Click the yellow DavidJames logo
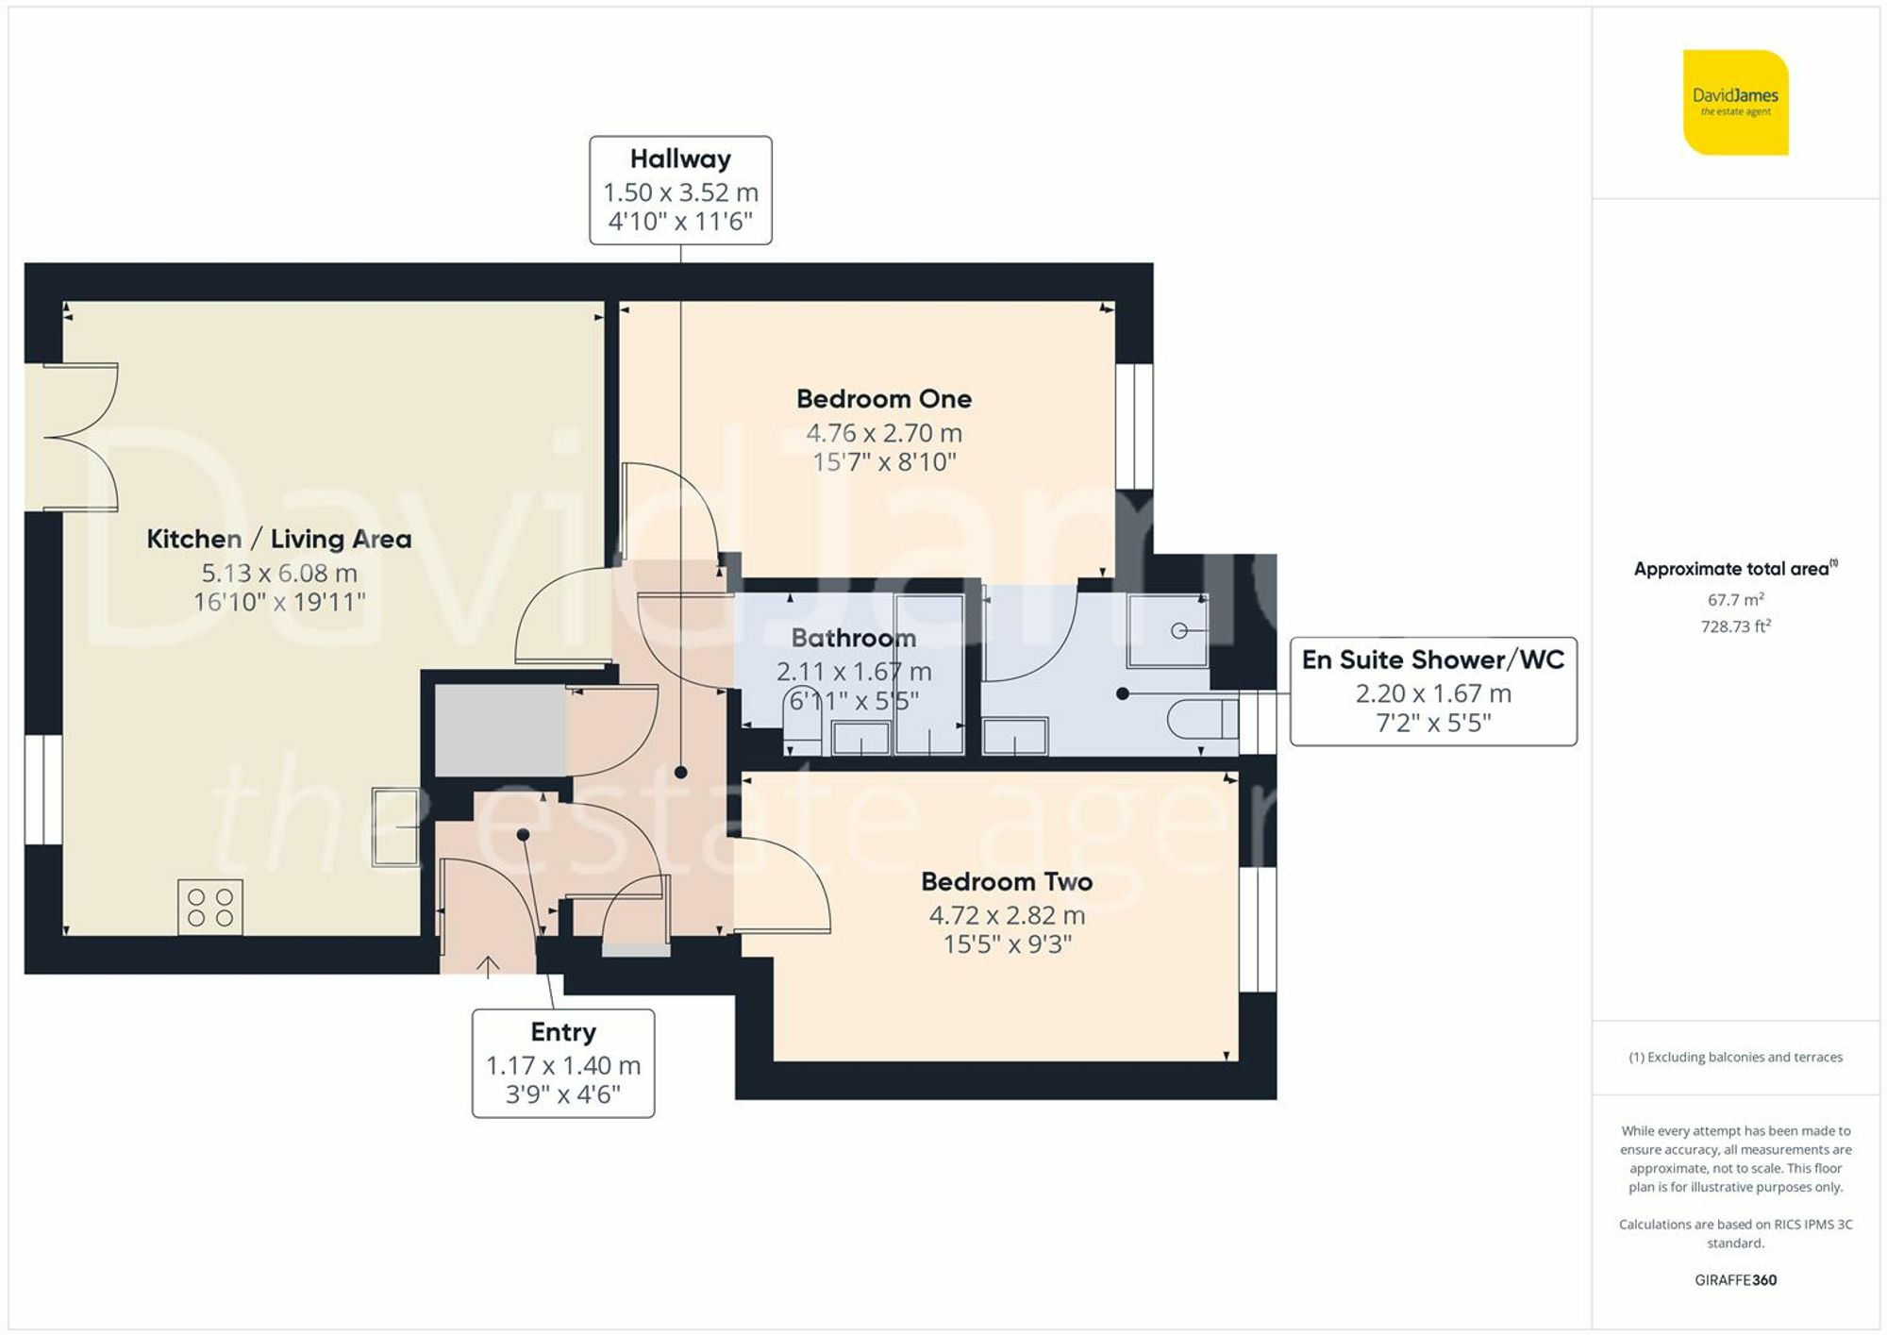pos(1735,102)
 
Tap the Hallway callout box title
pos(680,159)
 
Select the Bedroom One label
pos(883,399)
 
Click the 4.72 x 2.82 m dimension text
pos(1007,915)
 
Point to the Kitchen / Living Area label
pos(278,539)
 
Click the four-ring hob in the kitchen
pos(210,908)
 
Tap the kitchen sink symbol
pos(395,826)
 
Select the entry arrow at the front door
pos(488,966)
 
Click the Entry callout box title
pos(563,1032)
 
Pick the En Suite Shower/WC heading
pos(1432,659)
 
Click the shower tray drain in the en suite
pos(1178,630)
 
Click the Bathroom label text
pos(853,639)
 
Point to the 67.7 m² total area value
pos(1735,600)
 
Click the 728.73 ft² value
pos(1735,626)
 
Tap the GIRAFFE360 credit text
pos(1735,1280)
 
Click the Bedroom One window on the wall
pos(1134,426)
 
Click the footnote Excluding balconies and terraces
pos(1735,1058)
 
